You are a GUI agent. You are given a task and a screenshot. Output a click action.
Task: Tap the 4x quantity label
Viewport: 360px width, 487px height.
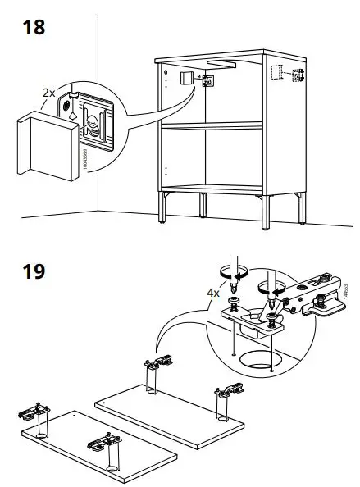click(212, 291)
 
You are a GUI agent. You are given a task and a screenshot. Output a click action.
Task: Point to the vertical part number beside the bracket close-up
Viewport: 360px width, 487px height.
click(85, 156)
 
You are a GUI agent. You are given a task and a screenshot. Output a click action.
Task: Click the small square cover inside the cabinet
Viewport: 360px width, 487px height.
click(185, 80)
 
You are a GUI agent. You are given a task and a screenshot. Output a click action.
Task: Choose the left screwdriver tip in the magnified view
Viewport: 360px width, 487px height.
click(235, 292)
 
